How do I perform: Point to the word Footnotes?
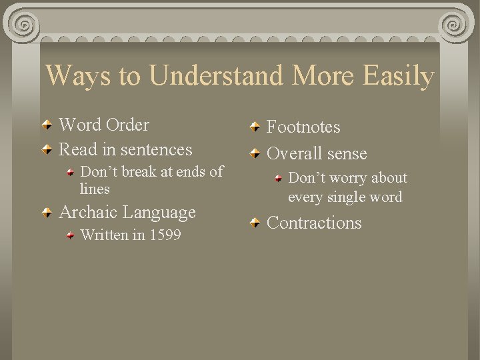(303, 127)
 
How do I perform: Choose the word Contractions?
(314, 223)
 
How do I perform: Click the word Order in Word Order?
(127, 125)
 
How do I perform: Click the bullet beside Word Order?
(47, 125)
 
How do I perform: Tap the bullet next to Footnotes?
(255, 127)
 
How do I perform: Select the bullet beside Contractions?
(255, 223)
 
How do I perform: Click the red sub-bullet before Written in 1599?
(71, 235)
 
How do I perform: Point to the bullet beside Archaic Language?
(47, 213)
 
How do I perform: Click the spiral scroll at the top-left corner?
(22, 25)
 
